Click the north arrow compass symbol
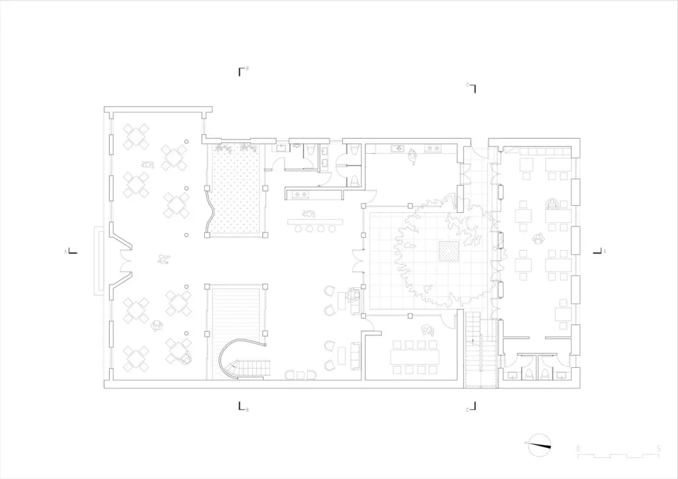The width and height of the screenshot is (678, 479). (x=540, y=444)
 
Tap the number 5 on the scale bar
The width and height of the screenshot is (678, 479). (x=658, y=449)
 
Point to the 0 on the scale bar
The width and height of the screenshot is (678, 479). (x=578, y=449)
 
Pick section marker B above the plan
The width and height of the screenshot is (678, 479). (x=241, y=70)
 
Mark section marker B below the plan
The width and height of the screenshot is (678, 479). (x=241, y=407)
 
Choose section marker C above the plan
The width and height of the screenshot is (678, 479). (x=473, y=88)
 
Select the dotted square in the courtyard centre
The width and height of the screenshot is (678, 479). (x=448, y=251)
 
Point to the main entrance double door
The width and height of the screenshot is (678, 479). (x=125, y=262)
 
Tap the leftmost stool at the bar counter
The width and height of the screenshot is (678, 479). (x=299, y=230)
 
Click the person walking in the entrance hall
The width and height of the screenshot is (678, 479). (x=162, y=258)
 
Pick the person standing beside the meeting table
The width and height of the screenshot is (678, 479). (x=428, y=331)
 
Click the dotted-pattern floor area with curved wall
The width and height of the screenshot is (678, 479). (x=235, y=191)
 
